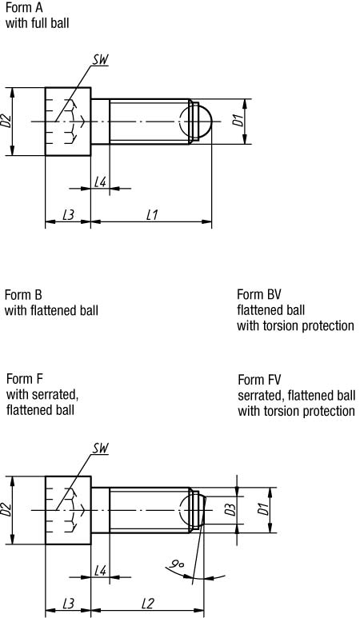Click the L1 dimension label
click(x=152, y=215)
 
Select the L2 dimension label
click(x=147, y=604)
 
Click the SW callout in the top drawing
click(x=100, y=60)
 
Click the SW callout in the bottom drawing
click(x=100, y=449)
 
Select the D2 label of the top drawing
click(x=6, y=122)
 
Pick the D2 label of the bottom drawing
click(x=6, y=510)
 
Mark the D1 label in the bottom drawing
click(x=262, y=509)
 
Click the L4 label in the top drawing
click(x=101, y=182)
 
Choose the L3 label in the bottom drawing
click(x=68, y=604)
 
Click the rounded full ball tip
click(x=205, y=122)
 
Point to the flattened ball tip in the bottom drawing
click(x=200, y=510)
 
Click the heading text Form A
click(x=24, y=8)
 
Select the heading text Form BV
click(x=259, y=294)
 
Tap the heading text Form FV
click(x=259, y=380)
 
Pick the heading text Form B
click(x=23, y=295)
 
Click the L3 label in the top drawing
click(x=68, y=215)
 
